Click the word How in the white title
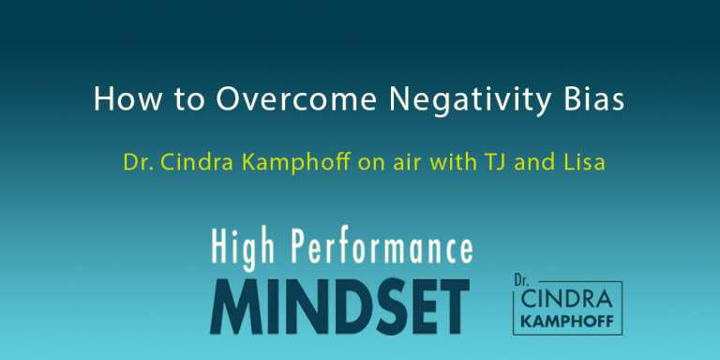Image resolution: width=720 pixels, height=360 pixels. (120, 100)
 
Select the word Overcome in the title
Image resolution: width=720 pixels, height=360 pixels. (242, 100)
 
